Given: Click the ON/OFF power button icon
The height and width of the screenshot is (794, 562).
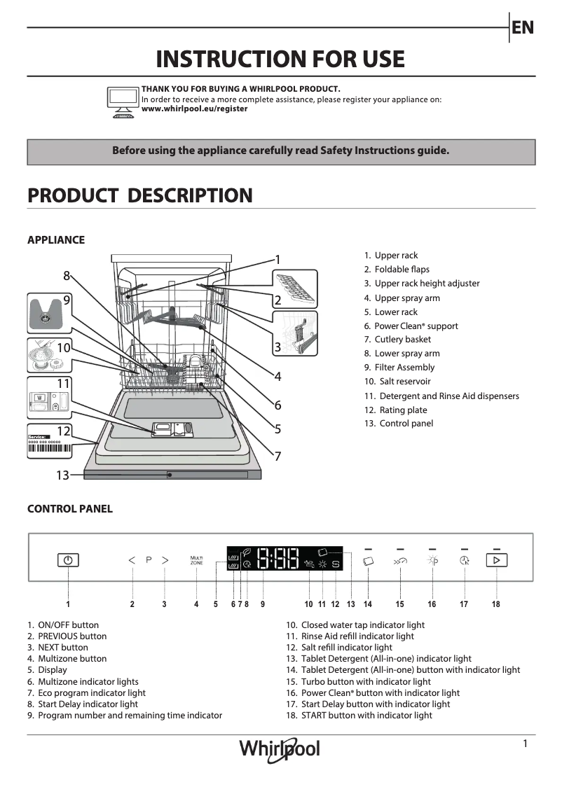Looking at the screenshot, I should pos(68,560).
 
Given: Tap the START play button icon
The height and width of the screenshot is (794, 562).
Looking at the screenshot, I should pos(496,560).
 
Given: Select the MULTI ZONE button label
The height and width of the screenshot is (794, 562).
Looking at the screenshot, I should pos(197,560).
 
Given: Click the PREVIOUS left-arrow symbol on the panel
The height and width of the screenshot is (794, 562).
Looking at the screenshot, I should pos(132,560).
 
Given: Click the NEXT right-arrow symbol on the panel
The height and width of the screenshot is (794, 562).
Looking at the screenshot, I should pos(165,560).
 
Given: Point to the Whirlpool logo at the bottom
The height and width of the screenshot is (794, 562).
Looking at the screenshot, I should pos(280,748).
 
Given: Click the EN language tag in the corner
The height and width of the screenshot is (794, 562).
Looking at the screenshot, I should pos(523,27).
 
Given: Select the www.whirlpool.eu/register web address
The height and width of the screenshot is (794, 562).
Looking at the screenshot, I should pos(194,109).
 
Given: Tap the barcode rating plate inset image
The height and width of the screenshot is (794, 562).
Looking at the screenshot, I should pos(50,443).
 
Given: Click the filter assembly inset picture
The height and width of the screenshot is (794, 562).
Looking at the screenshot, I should pos(48,314).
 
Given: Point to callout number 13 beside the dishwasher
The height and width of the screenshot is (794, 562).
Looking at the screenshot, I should pos(62,475).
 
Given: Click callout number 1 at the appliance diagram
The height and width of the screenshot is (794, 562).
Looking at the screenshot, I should pos(277,260).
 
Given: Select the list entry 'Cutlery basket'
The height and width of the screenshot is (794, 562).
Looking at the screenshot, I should pos(402,340).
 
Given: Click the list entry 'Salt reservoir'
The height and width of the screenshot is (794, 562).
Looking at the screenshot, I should pos(404,382).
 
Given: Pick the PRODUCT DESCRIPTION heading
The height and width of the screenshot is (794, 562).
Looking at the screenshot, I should pos(140,195).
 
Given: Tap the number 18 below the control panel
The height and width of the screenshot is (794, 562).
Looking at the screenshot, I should pos(496,604).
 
